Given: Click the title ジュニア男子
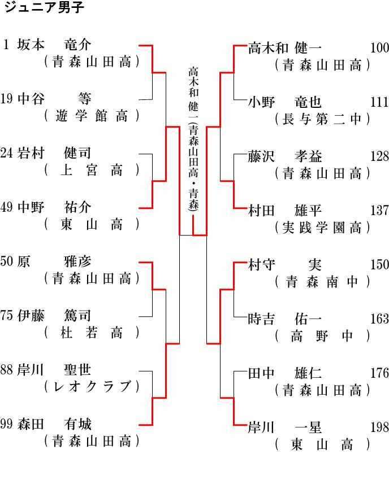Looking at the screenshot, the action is coord(44,7).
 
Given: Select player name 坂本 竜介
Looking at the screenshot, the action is coord(54,45).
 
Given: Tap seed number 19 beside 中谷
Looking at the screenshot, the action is coord(7,99).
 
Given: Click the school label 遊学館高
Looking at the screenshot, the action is coord(92,116).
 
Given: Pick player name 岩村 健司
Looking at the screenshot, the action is coord(54,153).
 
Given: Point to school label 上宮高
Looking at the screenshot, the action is coord(92,170).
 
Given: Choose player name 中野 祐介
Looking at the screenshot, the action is coord(54,207).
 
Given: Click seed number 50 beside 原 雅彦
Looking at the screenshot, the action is coord(7,261).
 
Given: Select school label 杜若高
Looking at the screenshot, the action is coord(92,333).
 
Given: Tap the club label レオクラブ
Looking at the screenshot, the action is coord(92,387).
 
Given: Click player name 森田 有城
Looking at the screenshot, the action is coord(54,424).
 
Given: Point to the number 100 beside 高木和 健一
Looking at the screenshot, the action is coord(379,48).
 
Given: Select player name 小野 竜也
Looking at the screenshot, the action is coord(285,102).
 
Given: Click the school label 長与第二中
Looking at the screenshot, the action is coord(322,119).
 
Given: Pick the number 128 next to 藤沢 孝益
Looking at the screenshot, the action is coord(379,156).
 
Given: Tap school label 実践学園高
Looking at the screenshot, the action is coord(322,228).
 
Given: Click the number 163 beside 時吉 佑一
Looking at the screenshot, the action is coord(379,319).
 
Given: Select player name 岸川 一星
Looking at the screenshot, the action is coord(285,427).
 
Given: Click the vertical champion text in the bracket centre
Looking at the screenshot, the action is coord(193,138).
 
